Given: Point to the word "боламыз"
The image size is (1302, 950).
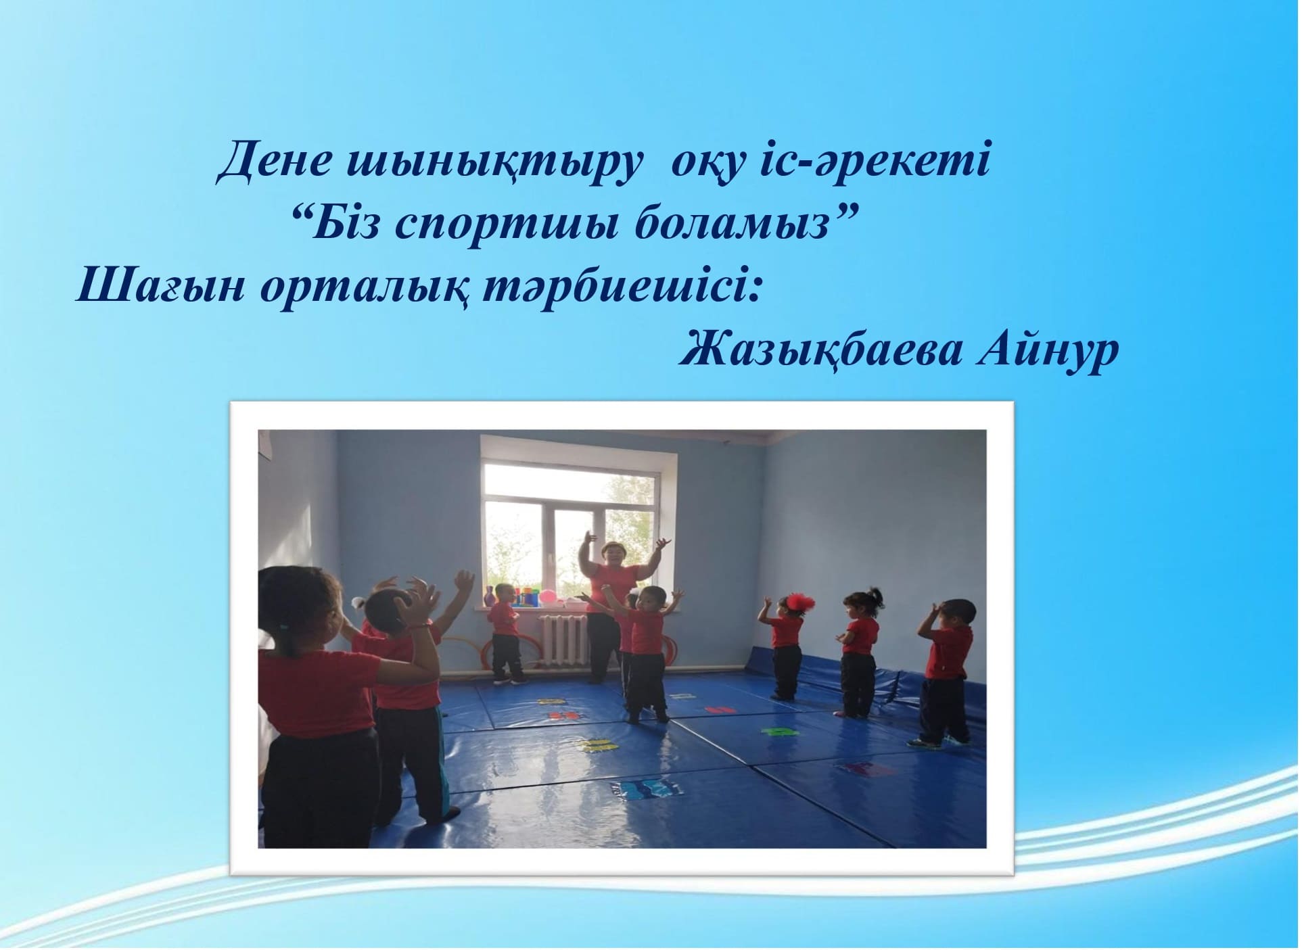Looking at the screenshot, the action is point(737,224).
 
